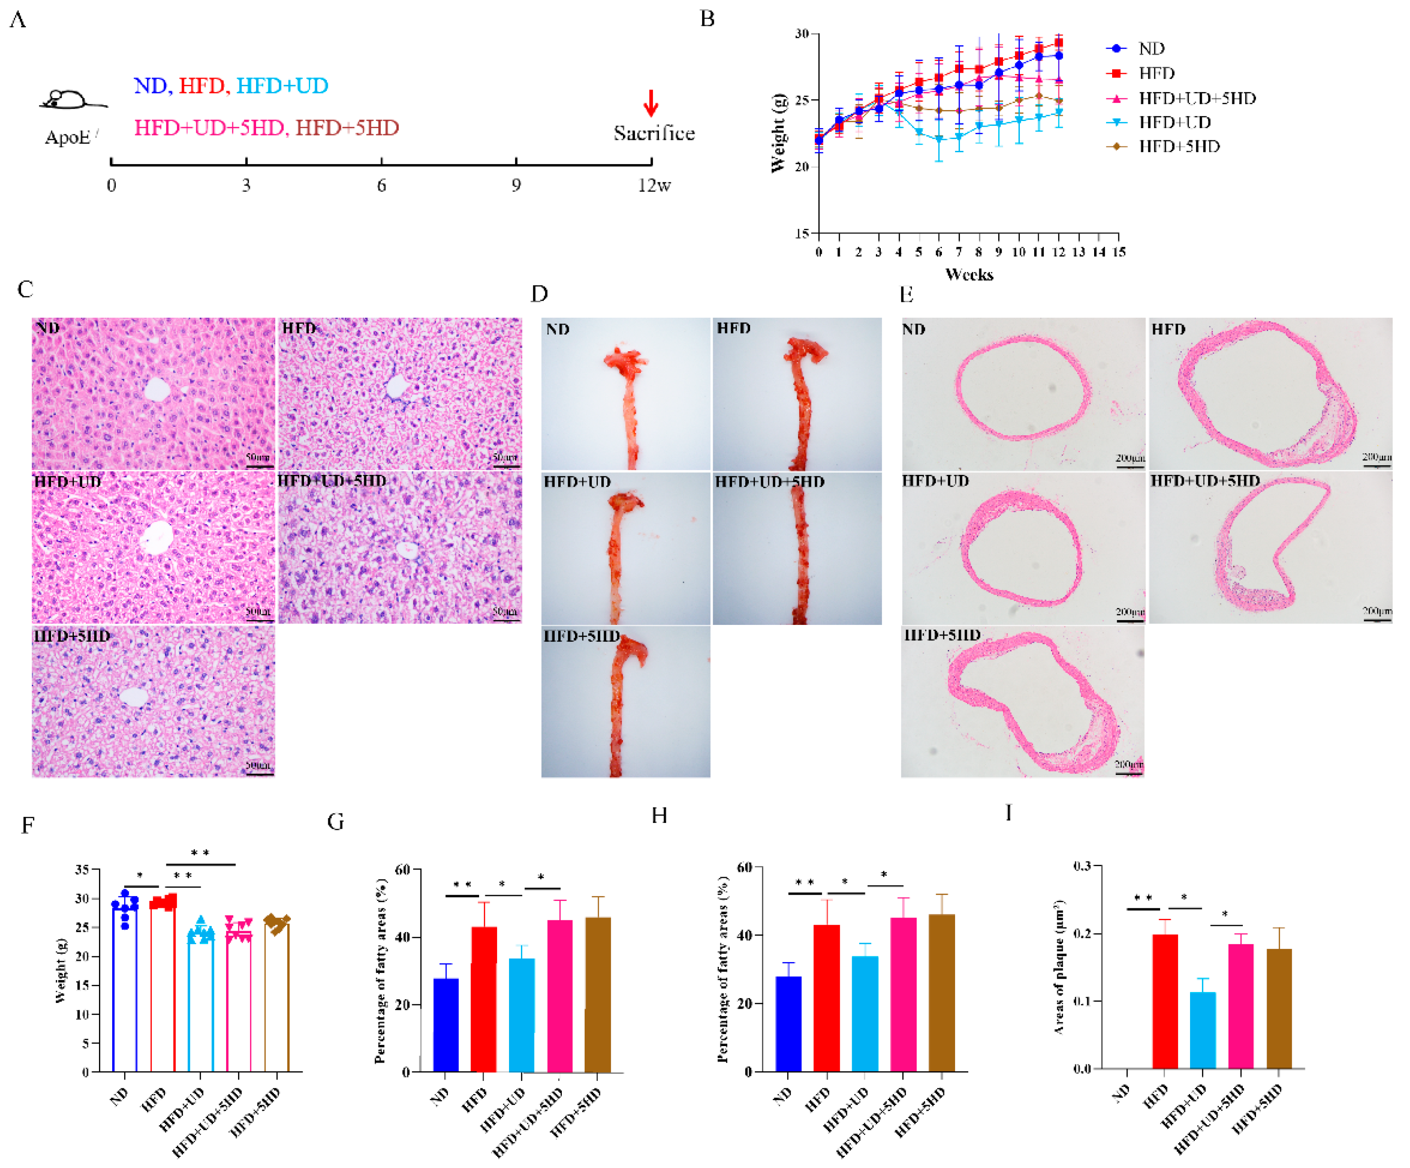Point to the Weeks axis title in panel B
click(969, 274)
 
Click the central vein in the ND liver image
click(157, 389)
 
